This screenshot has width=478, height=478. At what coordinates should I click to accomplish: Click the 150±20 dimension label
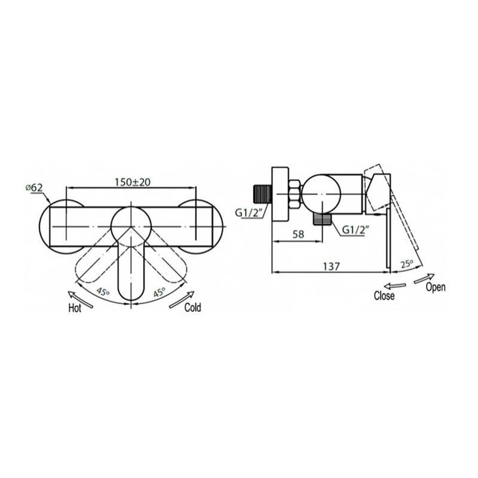click(x=133, y=182)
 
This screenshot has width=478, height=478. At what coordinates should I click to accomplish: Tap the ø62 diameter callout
click(x=34, y=188)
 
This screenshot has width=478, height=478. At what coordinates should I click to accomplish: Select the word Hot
click(x=75, y=308)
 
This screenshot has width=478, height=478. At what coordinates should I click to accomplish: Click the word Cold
click(x=192, y=307)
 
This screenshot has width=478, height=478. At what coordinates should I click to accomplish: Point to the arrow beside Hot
click(x=81, y=300)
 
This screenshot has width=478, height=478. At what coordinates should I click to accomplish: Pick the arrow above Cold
click(x=182, y=300)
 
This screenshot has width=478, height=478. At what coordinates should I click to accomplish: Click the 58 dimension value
click(x=298, y=234)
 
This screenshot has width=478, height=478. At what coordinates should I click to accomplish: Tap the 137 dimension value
click(x=331, y=266)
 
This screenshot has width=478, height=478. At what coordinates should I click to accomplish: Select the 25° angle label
click(x=407, y=263)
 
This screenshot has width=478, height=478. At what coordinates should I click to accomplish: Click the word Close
click(x=384, y=296)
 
